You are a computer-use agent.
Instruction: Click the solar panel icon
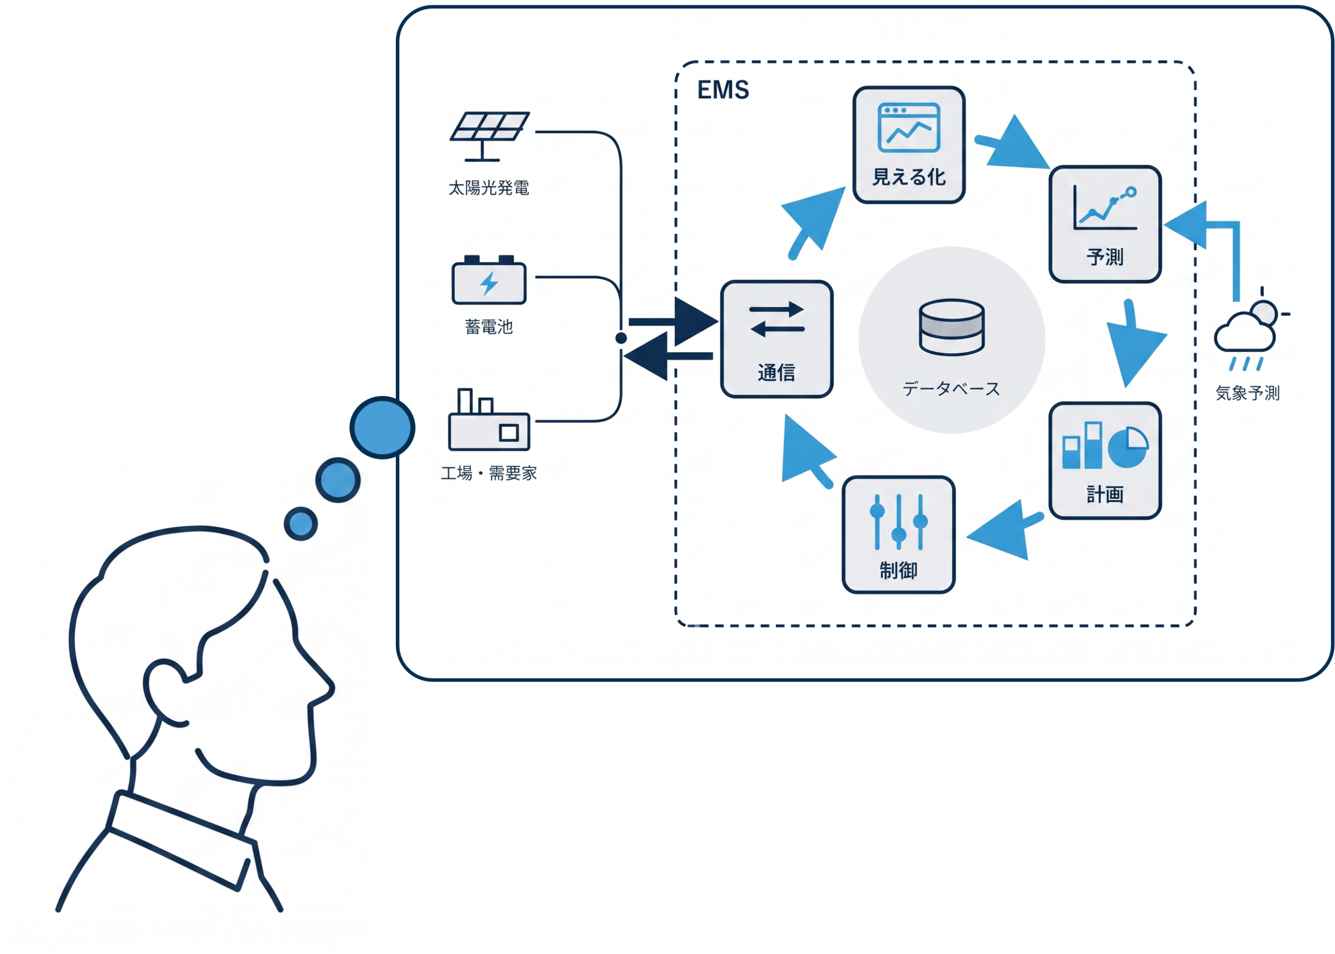coord(489,135)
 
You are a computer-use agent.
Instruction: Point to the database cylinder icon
coord(951,327)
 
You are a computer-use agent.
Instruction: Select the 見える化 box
coord(908,144)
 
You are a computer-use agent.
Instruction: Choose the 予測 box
coord(1105,224)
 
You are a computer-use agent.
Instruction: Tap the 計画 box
coord(1105,461)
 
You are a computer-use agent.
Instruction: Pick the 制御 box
coord(897,535)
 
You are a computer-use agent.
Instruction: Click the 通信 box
coord(776,339)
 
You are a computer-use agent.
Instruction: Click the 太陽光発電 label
coord(489,188)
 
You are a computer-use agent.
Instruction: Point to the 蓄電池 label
coord(489,327)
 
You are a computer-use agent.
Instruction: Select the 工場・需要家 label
coord(489,473)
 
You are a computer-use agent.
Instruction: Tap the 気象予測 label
coord(1247,393)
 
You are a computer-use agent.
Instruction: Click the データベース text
coord(951,388)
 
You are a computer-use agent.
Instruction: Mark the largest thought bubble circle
coord(382,428)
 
